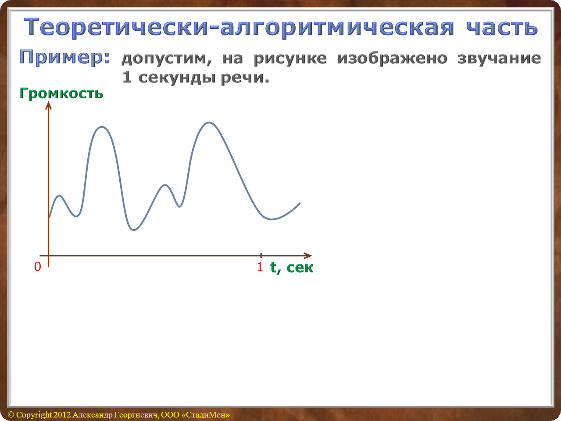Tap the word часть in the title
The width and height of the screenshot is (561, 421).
pyautogui.click(x=503, y=27)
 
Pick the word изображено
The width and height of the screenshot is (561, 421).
pyautogui.click(x=392, y=58)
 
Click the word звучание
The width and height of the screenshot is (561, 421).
pyautogui.click(x=499, y=59)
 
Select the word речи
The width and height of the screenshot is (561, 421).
pyautogui.click(x=245, y=78)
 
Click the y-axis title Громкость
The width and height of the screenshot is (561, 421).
pyautogui.click(x=61, y=94)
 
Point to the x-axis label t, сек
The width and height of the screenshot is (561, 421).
pyautogui.click(x=292, y=267)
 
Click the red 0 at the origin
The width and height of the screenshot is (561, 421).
pyautogui.click(x=38, y=267)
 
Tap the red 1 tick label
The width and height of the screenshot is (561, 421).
pyautogui.click(x=260, y=267)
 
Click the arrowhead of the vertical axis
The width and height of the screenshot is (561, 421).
pyautogui.click(x=48, y=105)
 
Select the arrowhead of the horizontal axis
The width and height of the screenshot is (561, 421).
pyautogui.click(x=308, y=255)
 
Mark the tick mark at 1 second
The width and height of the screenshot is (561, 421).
pyautogui.click(x=261, y=255)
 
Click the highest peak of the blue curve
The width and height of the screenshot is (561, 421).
pyautogui.click(x=209, y=123)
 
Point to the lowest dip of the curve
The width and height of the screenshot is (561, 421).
pyautogui.click(x=134, y=230)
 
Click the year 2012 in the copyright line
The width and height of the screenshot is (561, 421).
pyautogui.click(x=62, y=414)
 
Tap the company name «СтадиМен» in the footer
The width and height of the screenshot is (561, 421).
pyautogui.click(x=206, y=414)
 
